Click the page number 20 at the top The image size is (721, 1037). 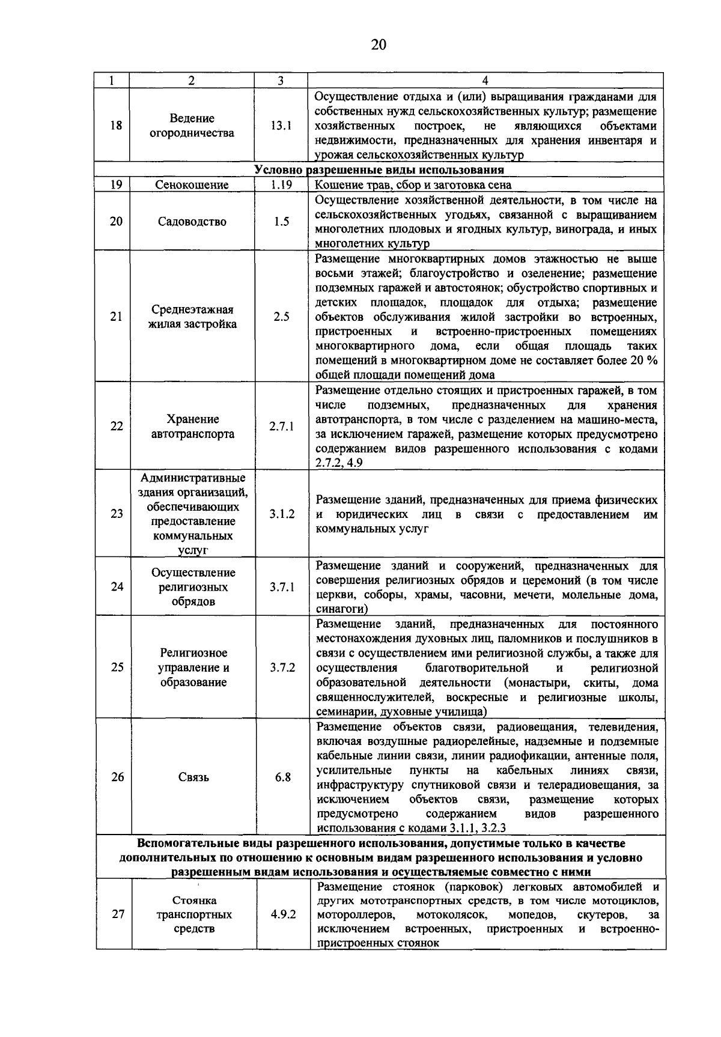379,45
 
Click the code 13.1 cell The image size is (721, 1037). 281,126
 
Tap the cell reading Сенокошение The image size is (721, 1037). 192,185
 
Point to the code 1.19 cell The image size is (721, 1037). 281,185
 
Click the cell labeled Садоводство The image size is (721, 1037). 192,222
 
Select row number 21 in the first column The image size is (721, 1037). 117,317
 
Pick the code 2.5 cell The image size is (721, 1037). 281,317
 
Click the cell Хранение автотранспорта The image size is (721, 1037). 192,427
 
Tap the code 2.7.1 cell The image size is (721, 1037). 281,427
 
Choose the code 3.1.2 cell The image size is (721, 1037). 282,514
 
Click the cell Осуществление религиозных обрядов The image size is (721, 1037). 192,587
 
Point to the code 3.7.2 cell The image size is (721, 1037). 282,668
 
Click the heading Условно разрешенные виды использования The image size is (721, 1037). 379,171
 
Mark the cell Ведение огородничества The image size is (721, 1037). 192,126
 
